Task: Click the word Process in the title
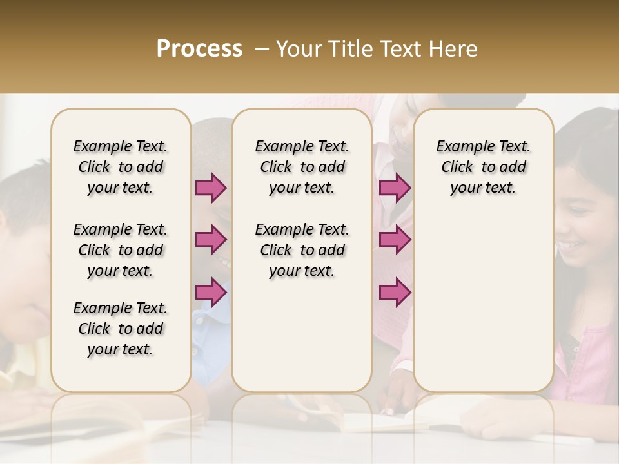tap(199, 49)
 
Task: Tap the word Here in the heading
tap(455, 49)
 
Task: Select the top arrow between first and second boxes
tap(211, 188)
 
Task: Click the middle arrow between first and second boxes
tap(211, 240)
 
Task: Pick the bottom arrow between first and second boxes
tap(211, 292)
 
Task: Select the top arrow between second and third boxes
tap(395, 188)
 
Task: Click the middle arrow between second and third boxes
tap(395, 240)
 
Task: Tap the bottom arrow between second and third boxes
tap(395, 292)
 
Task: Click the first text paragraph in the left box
tap(121, 167)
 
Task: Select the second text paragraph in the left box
tap(121, 250)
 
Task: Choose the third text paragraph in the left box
tap(121, 329)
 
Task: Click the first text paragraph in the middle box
tap(302, 167)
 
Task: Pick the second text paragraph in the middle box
tap(302, 250)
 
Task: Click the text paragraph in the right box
tap(484, 167)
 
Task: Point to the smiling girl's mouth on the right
tap(571, 245)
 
